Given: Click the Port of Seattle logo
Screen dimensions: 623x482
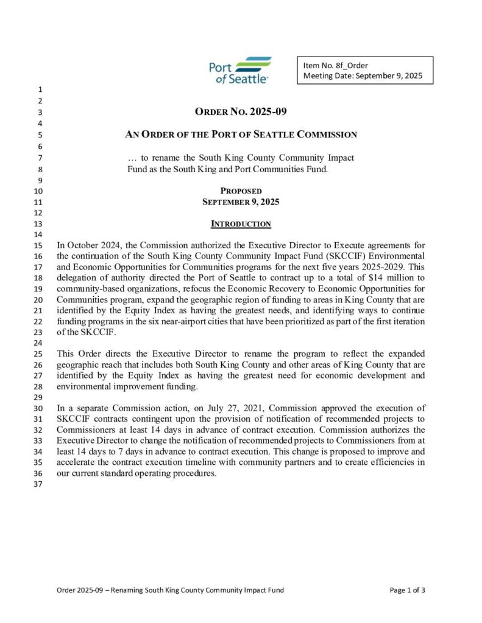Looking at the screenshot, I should click(239, 71).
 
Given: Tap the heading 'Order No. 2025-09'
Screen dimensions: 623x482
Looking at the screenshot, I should click(241, 112).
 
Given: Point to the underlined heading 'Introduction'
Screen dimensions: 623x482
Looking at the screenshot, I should click(241, 224).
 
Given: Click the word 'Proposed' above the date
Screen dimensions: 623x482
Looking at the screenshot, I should click(241, 191).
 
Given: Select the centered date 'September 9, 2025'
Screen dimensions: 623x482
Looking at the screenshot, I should click(241, 201).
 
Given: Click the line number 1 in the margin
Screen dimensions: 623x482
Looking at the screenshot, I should click(40, 91).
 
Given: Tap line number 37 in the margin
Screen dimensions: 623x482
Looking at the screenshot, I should click(38, 484).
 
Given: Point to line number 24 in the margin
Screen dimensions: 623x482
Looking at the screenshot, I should click(38, 343).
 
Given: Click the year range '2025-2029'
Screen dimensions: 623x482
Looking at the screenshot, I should click(381, 266).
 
